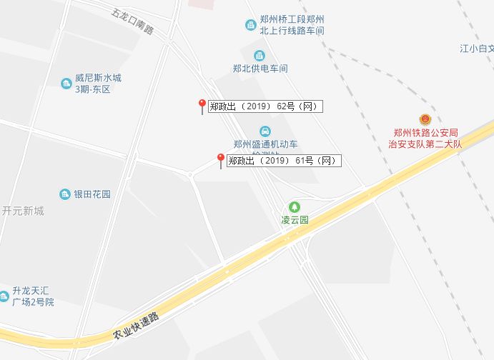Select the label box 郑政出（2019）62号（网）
point(265,107)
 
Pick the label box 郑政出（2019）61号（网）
point(284,161)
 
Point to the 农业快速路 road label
point(135,325)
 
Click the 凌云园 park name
point(294,220)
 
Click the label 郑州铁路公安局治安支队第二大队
point(425,137)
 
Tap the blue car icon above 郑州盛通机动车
point(265,131)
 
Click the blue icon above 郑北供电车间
point(260,55)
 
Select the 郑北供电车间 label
point(260,69)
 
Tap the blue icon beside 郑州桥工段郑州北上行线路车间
point(250,26)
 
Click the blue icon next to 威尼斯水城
point(66,84)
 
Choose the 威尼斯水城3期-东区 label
point(98,84)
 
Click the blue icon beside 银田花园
point(64,194)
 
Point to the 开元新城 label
point(22,211)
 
